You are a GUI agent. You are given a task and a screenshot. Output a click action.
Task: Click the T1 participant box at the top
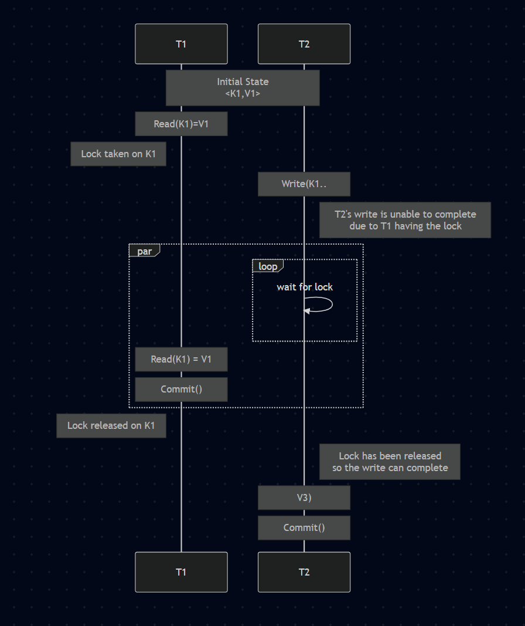click(x=181, y=44)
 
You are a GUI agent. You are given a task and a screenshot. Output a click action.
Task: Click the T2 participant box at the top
click(x=304, y=44)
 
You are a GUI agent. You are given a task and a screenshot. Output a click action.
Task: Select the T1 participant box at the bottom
click(x=181, y=572)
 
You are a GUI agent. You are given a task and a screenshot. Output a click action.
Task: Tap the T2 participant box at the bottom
click(x=304, y=572)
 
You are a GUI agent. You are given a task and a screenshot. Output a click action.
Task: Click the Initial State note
click(x=243, y=82)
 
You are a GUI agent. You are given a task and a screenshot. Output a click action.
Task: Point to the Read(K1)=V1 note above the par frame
click(x=181, y=124)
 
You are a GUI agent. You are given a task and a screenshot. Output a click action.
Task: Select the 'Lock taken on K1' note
click(x=118, y=154)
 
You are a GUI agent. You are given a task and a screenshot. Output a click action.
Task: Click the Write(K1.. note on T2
click(x=304, y=184)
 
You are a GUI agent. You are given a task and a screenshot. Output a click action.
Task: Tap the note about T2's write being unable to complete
click(x=405, y=220)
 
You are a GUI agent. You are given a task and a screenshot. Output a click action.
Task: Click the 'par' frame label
click(x=144, y=251)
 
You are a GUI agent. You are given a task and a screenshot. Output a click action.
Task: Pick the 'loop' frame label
click(x=268, y=266)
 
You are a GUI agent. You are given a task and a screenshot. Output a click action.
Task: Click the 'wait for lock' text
click(x=305, y=287)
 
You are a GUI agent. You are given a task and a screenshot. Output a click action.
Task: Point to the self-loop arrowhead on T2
click(x=306, y=311)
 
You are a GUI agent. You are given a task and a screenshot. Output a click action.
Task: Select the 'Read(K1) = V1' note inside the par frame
click(x=181, y=359)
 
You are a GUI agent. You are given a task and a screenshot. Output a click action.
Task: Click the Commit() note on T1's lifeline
click(x=181, y=389)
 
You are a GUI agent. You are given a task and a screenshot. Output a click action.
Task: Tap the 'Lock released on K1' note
click(x=111, y=425)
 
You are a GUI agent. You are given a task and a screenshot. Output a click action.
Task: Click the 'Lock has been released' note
click(x=390, y=462)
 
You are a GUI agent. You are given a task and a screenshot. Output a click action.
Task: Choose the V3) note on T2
click(x=304, y=498)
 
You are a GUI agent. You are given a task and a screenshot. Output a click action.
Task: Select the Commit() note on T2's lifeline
click(x=304, y=527)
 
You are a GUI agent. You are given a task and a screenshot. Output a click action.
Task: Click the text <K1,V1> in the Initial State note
click(x=243, y=93)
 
